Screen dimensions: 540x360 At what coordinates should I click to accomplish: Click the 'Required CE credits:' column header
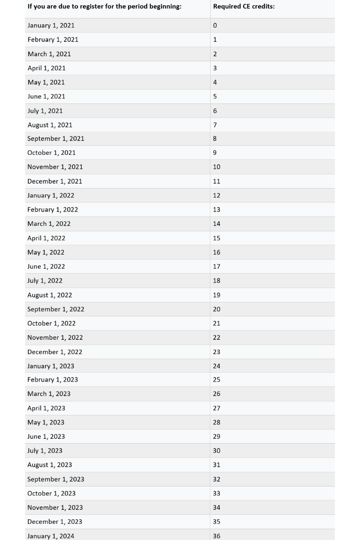[x=243, y=7]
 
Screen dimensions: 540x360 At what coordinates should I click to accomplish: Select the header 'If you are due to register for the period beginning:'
[x=104, y=7]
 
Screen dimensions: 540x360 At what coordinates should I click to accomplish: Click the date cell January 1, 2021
[x=51, y=26]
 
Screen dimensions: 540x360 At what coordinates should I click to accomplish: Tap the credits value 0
[x=215, y=26]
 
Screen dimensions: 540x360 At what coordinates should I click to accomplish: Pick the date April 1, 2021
[x=46, y=68]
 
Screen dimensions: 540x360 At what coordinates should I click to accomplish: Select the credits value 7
[x=215, y=125]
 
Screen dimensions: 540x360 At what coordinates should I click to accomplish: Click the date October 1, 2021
[x=51, y=153]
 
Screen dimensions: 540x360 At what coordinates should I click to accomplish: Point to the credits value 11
[x=216, y=181]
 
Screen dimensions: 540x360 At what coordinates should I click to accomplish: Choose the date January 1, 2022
[x=51, y=196]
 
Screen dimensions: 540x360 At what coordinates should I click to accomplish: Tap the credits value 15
[x=216, y=238]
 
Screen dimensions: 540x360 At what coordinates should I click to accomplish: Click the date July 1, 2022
[x=45, y=281]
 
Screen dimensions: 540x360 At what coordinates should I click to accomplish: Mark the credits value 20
[x=216, y=309]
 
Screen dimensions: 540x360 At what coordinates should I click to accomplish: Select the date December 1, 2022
[x=54, y=352]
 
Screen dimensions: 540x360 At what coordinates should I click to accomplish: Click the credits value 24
[x=216, y=366]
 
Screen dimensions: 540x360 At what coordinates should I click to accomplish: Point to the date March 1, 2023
[x=49, y=394]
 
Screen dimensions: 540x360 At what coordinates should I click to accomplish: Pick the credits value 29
[x=216, y=436]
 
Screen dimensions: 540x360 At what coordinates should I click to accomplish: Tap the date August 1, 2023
[x=49, y=465]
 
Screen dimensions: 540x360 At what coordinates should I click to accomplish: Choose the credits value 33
[x=216, y=494]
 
